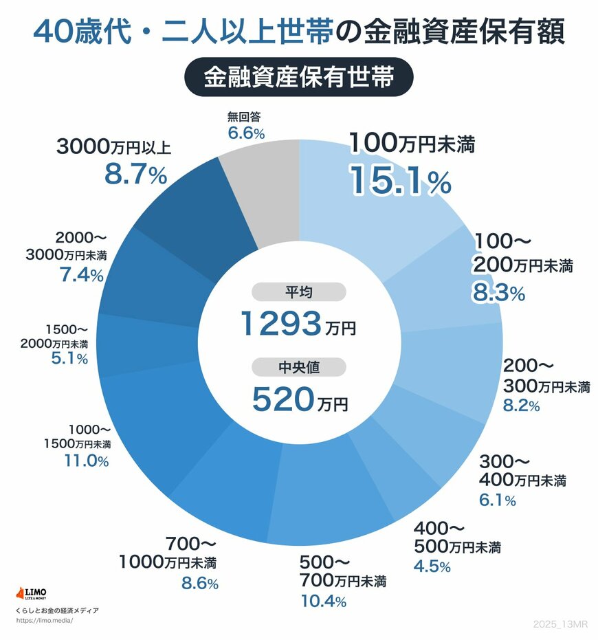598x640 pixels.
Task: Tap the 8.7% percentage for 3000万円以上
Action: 135,175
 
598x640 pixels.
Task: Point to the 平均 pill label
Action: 299,292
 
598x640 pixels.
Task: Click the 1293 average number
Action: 283,324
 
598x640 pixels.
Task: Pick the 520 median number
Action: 283,399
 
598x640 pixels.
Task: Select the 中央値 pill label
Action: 299,367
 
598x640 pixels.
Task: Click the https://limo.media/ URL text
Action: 43,620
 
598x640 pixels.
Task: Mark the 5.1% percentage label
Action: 68,359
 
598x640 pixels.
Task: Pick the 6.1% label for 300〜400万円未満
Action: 497,500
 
